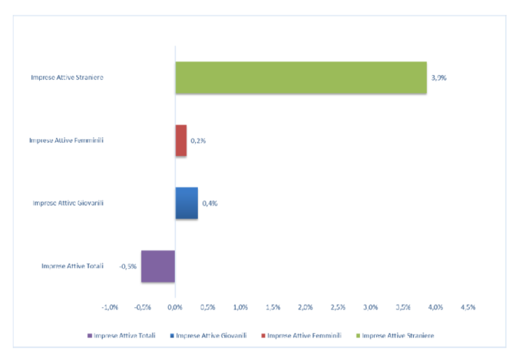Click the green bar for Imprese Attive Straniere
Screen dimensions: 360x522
tap(301, 78)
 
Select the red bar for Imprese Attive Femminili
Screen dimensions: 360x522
tap(181, 140)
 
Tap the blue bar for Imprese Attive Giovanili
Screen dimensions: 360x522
tap(187, 203)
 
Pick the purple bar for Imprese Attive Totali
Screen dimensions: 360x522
tap(158, 266)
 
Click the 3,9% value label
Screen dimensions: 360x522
tap(439, 78)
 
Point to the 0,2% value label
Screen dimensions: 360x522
tap(198, 141)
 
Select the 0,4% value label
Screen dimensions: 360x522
tap(210, 203)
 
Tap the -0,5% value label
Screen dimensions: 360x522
tap(127, 266)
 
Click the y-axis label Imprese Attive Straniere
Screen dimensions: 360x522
tap(68, 78)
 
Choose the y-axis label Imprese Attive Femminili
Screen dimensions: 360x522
tap(67, 140)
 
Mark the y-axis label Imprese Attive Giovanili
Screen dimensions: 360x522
tap(68, 203)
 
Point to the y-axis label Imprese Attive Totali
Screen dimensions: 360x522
tap(73, 266)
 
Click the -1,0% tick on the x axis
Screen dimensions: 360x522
tap(110, 307)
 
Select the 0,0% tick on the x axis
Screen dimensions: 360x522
tap(175, 307)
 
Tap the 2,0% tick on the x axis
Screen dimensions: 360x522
tap(306, 307)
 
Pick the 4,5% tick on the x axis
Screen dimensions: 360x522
tap(468, 307)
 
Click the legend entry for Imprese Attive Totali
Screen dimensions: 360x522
tap(124, 335)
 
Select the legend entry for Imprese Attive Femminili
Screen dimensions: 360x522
tap(302, 335)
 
